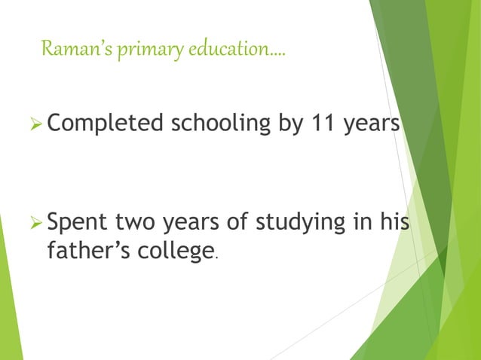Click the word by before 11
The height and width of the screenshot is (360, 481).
pos(290,123)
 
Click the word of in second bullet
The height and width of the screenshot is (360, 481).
pos(234,223)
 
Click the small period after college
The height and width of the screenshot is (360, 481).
pos(217,258)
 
